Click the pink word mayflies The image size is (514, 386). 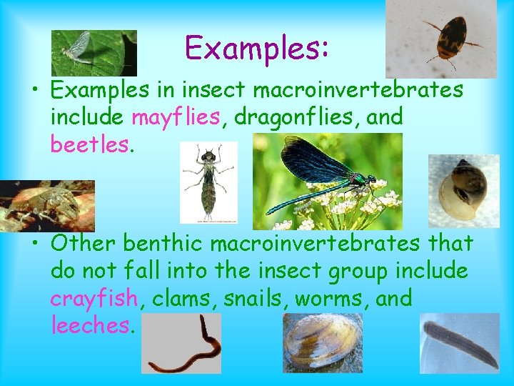176,116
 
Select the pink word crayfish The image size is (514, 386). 94,297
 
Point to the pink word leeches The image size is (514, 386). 91,326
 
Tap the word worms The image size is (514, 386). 331,297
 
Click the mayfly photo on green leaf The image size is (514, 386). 94,52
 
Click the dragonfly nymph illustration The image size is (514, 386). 208,182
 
